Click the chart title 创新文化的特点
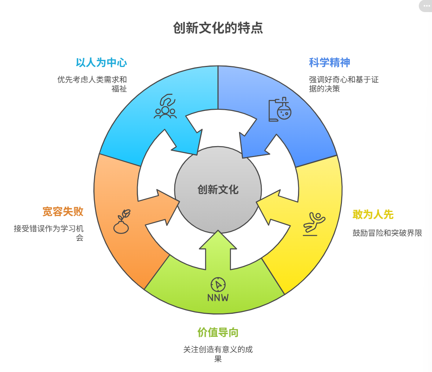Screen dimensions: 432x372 (218, 28)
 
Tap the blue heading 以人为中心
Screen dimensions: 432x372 (101, 63)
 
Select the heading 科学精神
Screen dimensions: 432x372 (329, 63)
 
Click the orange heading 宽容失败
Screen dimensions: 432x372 (63, 212)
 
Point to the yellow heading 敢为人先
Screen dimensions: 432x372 (373, 215)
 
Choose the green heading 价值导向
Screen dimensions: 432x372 (218, 332)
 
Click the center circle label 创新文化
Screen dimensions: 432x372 (218, 190)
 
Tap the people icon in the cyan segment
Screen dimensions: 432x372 (165, 107)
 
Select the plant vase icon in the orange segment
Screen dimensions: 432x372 (122, 222)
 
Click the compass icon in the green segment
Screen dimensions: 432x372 (218, 284)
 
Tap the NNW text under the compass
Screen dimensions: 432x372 (218, 298)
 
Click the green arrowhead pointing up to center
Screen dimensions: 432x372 (218, 240)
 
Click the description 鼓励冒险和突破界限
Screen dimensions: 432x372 (387, 233)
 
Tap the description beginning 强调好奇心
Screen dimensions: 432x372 (343, 84)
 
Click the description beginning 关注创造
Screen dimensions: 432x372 (218, 354)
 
